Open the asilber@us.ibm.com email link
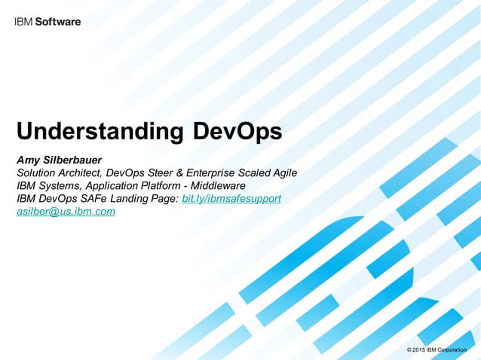[x=66, y=212]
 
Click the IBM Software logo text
[x=47, y=22]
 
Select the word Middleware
[x=214, y=185]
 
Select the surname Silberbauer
[x=83, y=160]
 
